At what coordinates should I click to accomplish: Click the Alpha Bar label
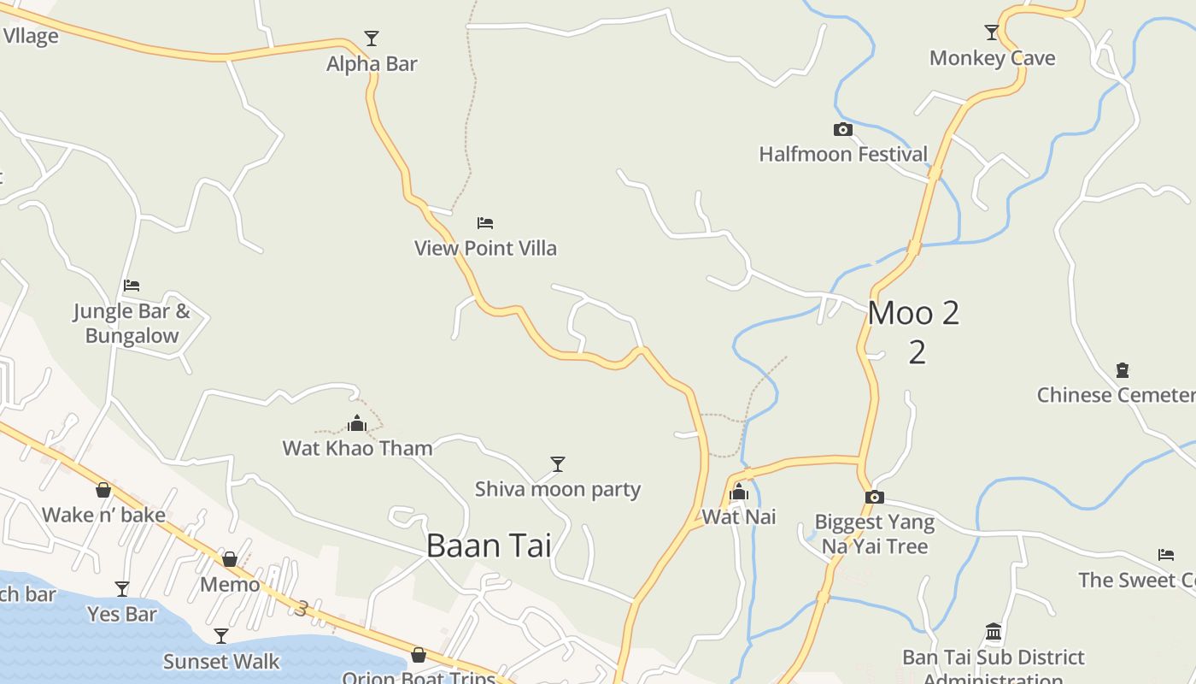(x=372, y=63)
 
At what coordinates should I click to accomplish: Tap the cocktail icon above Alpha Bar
(x=372, y=38)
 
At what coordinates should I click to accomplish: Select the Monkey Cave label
(x=992, y=58)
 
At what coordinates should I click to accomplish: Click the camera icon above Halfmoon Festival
(x=843, y=129)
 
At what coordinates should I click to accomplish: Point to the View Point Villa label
(x=485, y=248)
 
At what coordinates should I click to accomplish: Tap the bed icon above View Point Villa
(x=485, y=223)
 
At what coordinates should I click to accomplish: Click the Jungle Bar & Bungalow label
(x=132, y=323)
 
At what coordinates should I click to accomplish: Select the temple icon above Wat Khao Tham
(x=357, y=422)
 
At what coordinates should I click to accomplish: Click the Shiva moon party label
(x=558, y=490)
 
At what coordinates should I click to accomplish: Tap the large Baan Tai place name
(x=489, y=545)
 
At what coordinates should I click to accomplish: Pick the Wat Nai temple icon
(x=739, y=492)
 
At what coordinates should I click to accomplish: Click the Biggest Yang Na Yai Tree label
(x=875, y=534)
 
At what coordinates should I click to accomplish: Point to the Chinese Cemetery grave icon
(x=1123, y=370)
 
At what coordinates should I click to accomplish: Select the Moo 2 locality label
(x=914, y=314)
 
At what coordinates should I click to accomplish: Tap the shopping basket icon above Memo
(x=230, y=559)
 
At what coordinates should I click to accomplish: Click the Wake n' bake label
(x=103, y=515)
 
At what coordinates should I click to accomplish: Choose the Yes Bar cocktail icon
(x=122, y=588)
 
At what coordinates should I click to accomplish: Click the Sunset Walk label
(x=221, y=661)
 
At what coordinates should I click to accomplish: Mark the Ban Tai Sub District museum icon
(x=994, y=632)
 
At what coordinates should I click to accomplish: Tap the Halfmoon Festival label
(x=843, y=154)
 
